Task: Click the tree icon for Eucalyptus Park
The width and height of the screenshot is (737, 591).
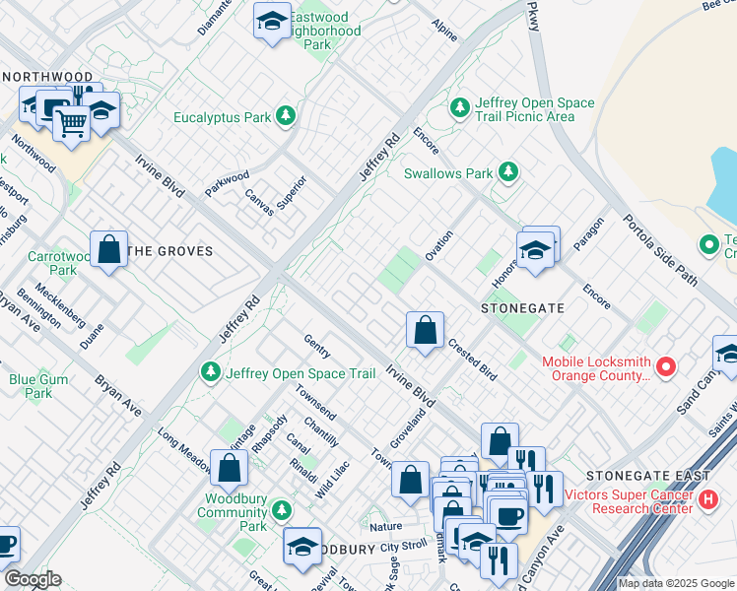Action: point(286,117)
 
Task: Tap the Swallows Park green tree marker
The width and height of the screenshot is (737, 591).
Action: point(507,173)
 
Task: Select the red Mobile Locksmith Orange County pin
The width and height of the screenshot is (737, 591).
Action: point(666,367)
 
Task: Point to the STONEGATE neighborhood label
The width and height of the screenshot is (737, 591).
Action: point(522,308)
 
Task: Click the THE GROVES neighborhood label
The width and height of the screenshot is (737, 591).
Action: point(170,251)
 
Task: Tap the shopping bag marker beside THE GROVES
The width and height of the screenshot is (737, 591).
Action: point(108,249)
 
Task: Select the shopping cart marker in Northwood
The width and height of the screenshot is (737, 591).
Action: point(71,124)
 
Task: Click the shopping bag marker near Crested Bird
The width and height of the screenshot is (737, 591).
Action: point(425,331)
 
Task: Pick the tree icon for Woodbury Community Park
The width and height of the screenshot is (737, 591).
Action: point(282,510)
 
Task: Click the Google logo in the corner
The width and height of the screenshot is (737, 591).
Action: point(33,579)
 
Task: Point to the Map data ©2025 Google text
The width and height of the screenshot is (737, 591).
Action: point(676,583)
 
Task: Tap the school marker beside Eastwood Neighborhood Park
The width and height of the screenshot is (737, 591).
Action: point(272,22)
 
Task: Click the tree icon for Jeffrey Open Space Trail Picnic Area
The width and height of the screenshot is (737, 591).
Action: point(459,108)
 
